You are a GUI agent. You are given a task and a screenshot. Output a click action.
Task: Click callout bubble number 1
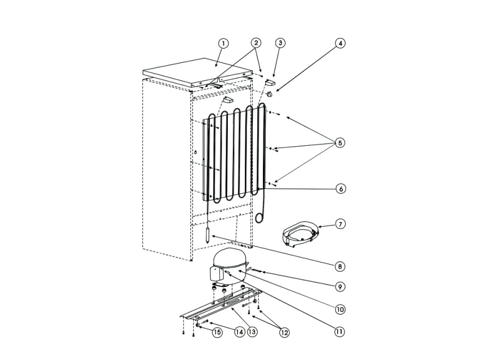click(x=223, y=43)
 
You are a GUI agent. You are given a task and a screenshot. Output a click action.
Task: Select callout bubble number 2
click(x=256, y=43)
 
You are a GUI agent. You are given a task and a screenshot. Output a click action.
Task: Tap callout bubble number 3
click(x=280, y=43)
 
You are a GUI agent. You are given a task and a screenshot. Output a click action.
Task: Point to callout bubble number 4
click(x=339, y=43)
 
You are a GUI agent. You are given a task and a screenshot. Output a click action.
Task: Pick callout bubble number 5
click(x=339, y=143)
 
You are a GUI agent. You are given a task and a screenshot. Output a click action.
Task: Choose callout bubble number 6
click(x=339, y=189)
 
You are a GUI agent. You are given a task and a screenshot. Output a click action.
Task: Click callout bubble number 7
click(x=339, y=225)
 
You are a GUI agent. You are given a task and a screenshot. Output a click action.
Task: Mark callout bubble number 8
click(x=339, y=266)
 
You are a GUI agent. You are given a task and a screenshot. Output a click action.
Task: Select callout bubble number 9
click(x=339, y=287)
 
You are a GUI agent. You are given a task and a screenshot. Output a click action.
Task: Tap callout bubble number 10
click(x=339, y=310)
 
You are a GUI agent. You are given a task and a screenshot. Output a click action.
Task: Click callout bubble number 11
click(x=339, y=332)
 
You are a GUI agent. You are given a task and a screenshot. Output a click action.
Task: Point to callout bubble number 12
click(x=284, y=333)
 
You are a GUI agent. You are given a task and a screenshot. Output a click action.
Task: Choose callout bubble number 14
click(x=240, y=333)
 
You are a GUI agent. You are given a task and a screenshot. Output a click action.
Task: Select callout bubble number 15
click(x=217, y=333)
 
